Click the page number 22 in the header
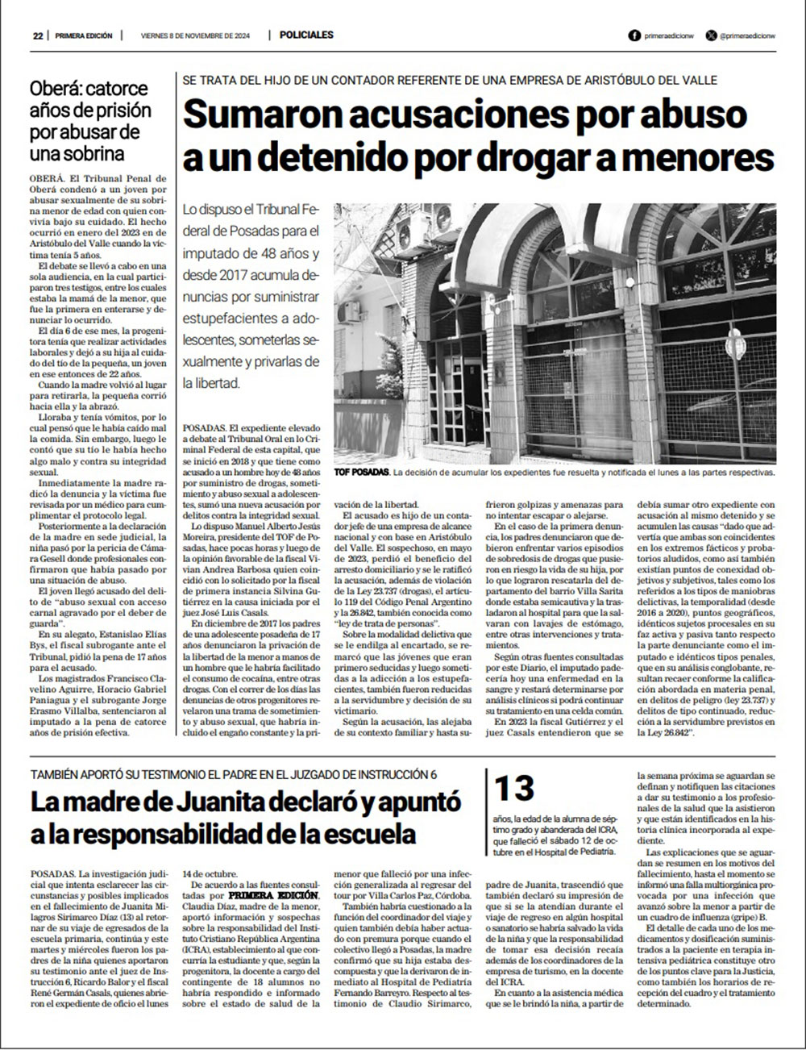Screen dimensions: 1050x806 point(38,35)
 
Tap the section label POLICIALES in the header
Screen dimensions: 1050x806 point(306,35)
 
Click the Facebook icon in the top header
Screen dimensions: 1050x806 point(634,35)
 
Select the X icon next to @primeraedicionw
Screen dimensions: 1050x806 point(710,35)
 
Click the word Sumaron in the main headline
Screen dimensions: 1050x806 point(256,115)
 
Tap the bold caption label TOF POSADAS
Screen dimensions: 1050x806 point(362,472)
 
